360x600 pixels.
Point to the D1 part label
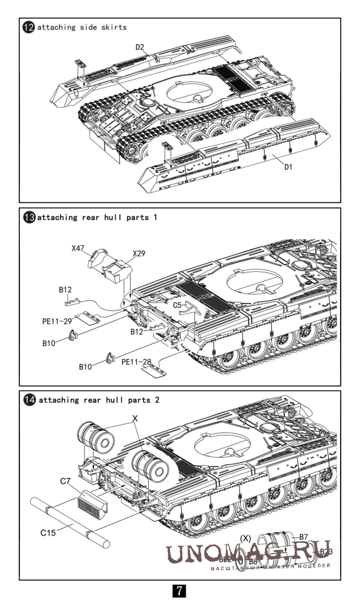[288, 167]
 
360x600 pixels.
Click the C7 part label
[67, 482]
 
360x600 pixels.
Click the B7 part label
[304, 536]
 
